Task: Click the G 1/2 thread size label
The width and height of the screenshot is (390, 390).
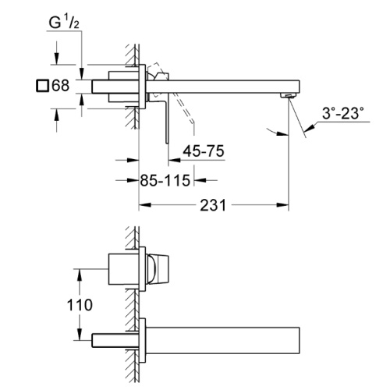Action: pyautogui.click(x=64, y=23)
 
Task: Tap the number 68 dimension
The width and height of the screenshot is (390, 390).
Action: pyautogui.click(x=61, y=85)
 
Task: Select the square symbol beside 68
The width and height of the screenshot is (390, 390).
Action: pyautogui.click(x=42, y=86)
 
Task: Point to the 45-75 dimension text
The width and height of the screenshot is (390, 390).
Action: pyautogui.click(x=204, y=151)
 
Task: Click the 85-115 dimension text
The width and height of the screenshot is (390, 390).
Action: pyautogui.click(x=165, y=180)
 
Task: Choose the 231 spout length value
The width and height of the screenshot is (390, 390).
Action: pyautogui.click(x=213, y=205)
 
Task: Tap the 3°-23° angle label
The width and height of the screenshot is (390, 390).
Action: pyautogui.click(x=342, y=113)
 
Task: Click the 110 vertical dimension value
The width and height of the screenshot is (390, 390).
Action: pyautogui.click(x=80, y=305)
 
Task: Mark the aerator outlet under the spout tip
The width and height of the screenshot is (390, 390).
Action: pyautogui.click(x=288, y=96)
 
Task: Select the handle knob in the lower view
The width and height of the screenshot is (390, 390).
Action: pyautogui.click(x=158, y=269)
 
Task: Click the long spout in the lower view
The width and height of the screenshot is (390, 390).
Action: pyautogui.click(x=222, y=340)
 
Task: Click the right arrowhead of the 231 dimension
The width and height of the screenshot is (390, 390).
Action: pyautogui.click(x=282, y=205)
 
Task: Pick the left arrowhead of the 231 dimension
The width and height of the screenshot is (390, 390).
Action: pyautogui.click(x=144, y=205)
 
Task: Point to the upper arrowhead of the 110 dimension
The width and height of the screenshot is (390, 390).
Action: pyautogui.click(x=80, y=275)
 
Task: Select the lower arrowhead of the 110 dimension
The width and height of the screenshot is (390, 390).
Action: pyautogui.click(x=80, y=334)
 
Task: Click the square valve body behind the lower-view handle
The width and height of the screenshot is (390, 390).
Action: pyautogui.click(x=123, y=269)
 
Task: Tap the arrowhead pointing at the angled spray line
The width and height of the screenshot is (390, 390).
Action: pyautogui.click(x=310, y=128)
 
